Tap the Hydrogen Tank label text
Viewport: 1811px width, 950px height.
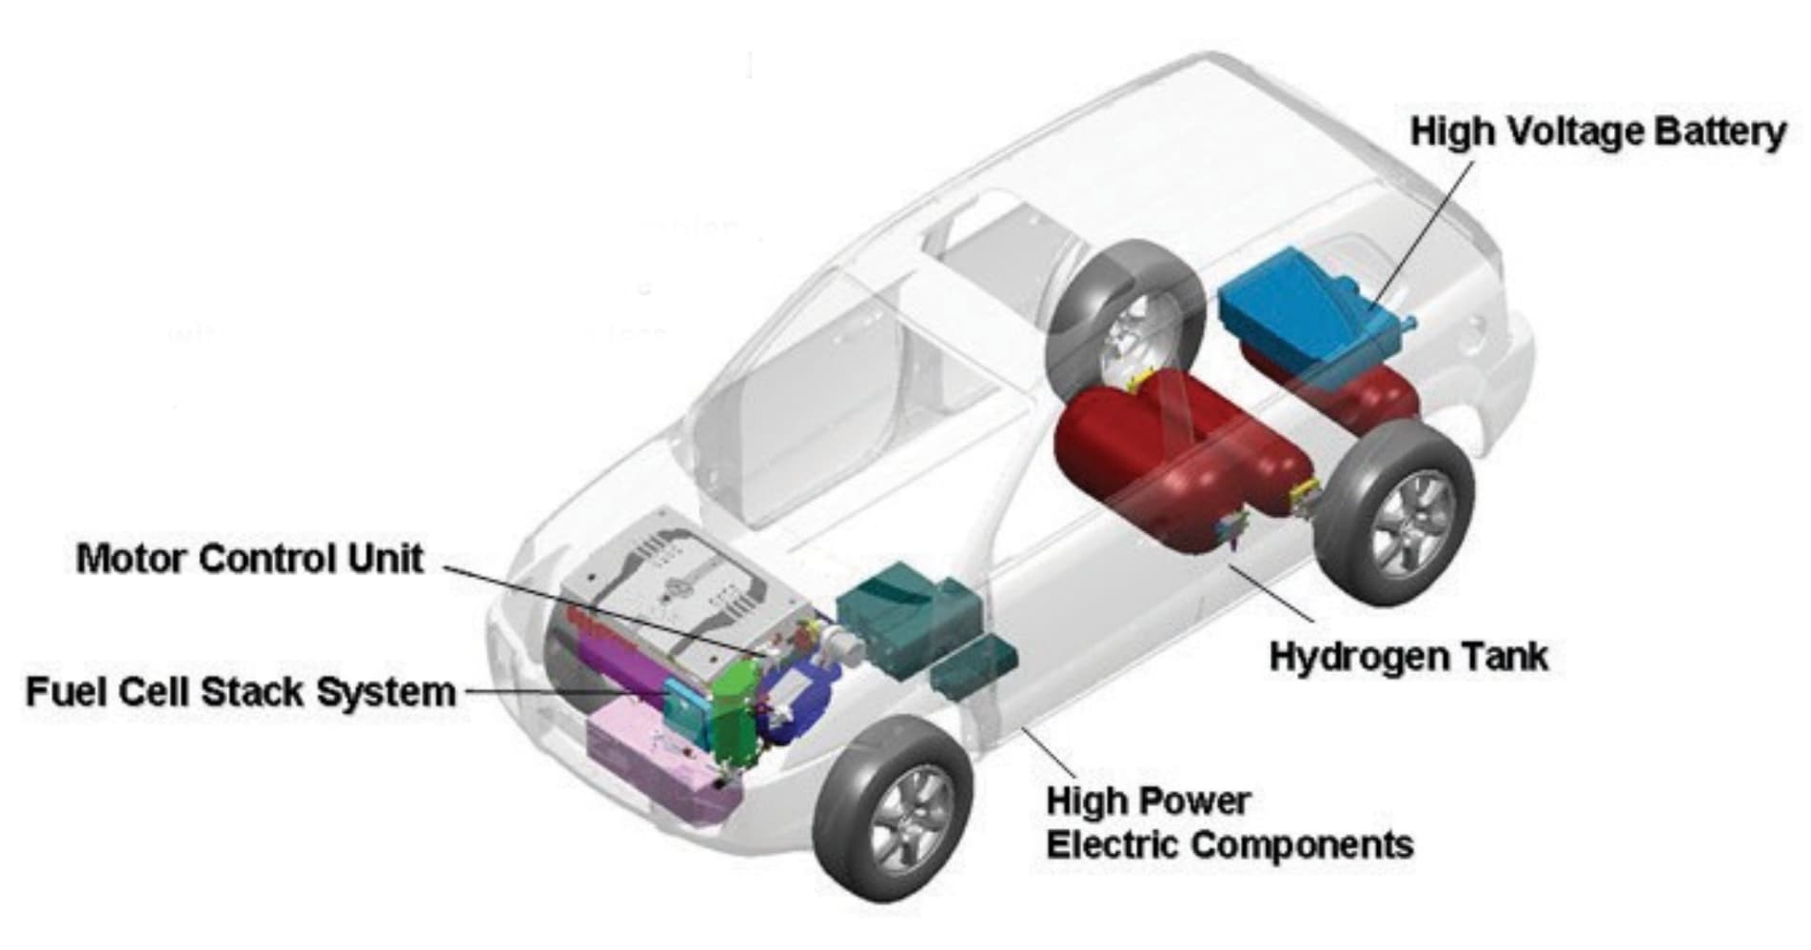[1408, 656]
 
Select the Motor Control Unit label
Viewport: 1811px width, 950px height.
[249, 558]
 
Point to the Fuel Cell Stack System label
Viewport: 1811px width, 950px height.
[241, 692]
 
